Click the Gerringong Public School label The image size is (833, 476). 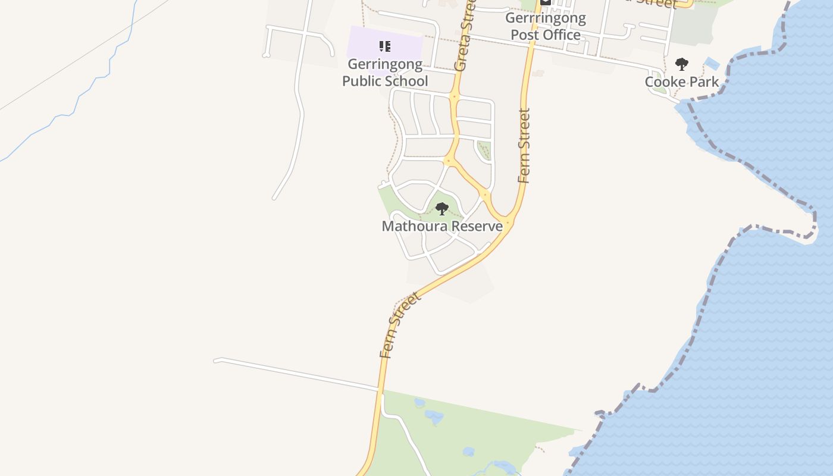pyautogui.click(x=385, y=73)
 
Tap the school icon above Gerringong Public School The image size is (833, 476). pyautogui.click(x=385, y=46)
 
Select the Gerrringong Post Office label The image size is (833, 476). pyautogui.click(x=546, y=26)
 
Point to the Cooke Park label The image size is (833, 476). pyautogui.click(x=682, y=82)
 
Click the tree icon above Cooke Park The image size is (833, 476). pyautogui.click(x=682, y=64)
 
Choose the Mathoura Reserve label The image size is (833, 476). pyautogui.click(x=442, y=226)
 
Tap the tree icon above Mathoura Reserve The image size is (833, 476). pyautogui.click(x=442, y=209)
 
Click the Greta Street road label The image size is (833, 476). pyautogui.click(x=465, y=35)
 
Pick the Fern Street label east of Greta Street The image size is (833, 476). pyautogui.click(x=524, y=145)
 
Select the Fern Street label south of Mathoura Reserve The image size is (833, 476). pyautogui.click(x=400, y=325)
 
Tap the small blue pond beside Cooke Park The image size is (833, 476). pyautogui.click(x=712, y=62)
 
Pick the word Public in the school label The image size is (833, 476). pyautogui.click(x=362, y=81)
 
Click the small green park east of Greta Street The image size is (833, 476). pyautogui.click(x=484, y=149)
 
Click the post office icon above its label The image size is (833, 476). pyautogui.click(x=546, y=2)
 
